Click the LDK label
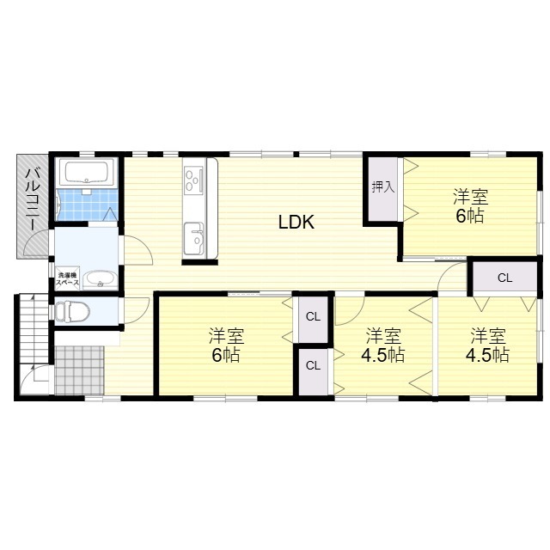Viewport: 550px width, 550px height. click(296, 222)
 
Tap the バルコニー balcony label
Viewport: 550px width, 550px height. click(33, 199)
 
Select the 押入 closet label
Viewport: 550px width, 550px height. click(383, 187)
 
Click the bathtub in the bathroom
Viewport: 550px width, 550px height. click(87, 172)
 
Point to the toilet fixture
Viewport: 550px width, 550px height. click(73, 311)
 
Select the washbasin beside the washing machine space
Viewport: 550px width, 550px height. click(100, 280)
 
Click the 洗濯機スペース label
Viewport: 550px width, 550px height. click(68, 278)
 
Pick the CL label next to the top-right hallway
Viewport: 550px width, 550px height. click(504, 278)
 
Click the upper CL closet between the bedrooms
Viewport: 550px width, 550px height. click(313, 317)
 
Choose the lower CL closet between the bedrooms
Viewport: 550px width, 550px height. click(313, 366)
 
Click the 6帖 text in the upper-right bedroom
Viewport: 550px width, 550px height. click(470, 216)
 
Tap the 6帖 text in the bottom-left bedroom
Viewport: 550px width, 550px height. click(226, 355)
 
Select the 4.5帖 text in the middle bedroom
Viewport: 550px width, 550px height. click(382, 355)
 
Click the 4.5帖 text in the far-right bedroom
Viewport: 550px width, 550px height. click(487, 355)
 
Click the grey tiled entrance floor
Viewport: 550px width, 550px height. click(80, 370)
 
